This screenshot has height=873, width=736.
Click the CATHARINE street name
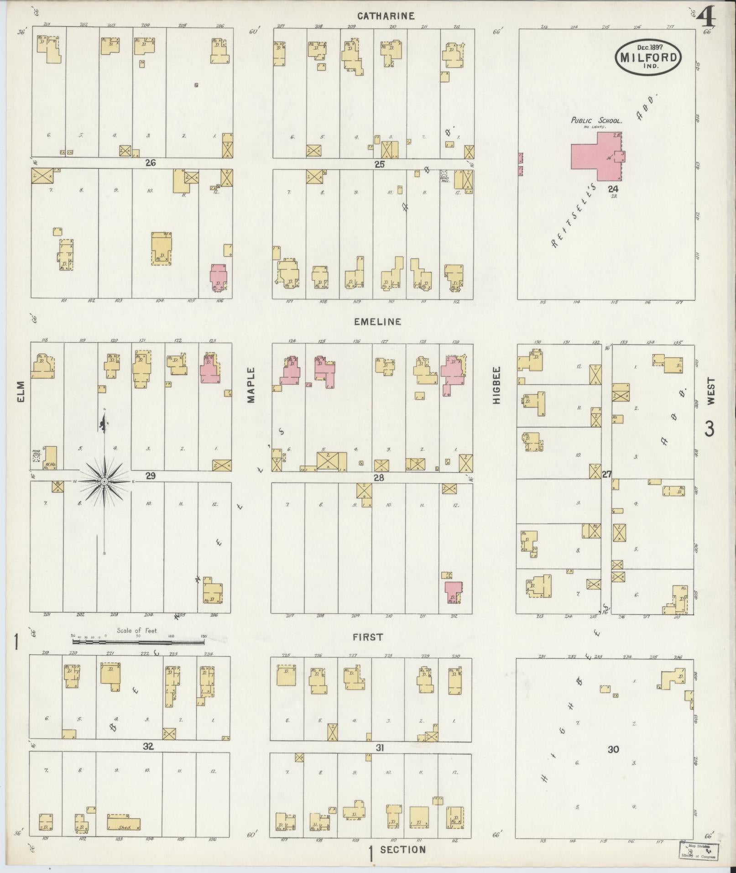(x=386, y=16)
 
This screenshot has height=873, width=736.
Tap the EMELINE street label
(x=378, y=322)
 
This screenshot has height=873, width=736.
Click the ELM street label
(x=21, y=392)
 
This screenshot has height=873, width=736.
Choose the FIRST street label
(x=368, y=638)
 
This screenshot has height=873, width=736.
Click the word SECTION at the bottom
(x=403, y=849)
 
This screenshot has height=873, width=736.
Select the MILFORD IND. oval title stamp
(x=648, y=56)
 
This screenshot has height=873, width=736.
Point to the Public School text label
(x=596, y=121)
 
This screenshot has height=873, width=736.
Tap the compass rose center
(x=104, y=481)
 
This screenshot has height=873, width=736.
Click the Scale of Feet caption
(x=136, y=631)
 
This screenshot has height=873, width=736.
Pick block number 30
(x=613, y=749)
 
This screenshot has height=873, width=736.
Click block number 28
(x=379, y=478)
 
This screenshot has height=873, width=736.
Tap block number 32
(x=148, y=747)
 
